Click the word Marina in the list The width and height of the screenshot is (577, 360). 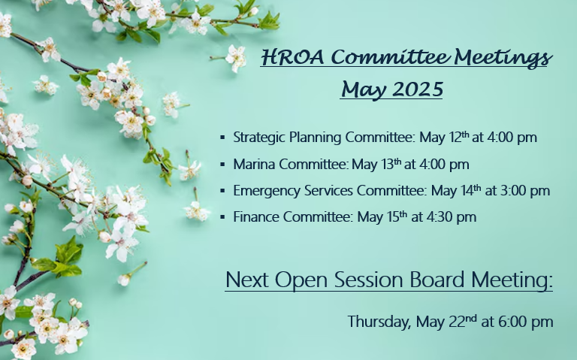(x=254, y=164)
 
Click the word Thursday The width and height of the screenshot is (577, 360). (x=379, y=322)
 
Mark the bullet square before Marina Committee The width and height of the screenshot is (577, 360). (x=222, y=165)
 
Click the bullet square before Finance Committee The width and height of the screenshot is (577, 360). (x=222, y=217)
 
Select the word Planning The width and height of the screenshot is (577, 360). (x=315, y=138)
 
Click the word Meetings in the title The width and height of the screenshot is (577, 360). (x=503, y=57)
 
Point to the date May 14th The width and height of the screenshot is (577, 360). (x=456, y=191)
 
